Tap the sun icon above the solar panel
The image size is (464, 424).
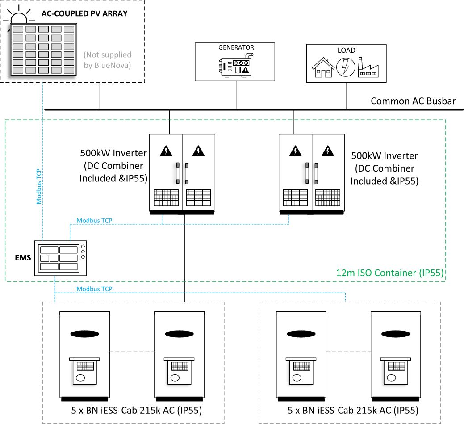tap(19, 17)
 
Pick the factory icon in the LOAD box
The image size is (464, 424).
tap(368, 67)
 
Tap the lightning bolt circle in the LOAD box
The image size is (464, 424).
tap(345, 67)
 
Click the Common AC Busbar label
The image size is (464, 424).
tap(413, 101)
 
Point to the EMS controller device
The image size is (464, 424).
tap(62, 258)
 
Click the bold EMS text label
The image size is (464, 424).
tap(22, 257)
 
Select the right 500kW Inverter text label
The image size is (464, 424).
tap(384, 168)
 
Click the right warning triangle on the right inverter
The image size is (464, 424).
tap(328, 151)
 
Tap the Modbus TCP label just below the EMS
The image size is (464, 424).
tap(94, 289)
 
